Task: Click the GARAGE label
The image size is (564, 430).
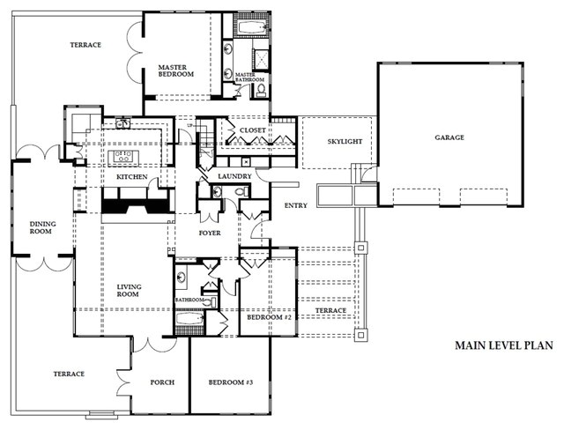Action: point(449,137)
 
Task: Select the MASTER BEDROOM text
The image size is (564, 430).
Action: point(176,70)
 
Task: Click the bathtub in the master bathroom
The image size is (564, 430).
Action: point(251,28)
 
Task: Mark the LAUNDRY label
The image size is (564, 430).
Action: point(235,176)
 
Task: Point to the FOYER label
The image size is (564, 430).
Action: point(211,234)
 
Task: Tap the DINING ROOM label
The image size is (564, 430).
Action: point(42,228)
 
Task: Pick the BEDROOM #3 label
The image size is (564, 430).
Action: point(231,382)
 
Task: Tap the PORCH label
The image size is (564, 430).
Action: point(162,382)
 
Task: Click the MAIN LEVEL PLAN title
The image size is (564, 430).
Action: point(503,345)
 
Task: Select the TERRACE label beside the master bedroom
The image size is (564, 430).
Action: point(85,45)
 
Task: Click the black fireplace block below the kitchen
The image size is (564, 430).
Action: point(135,206)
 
